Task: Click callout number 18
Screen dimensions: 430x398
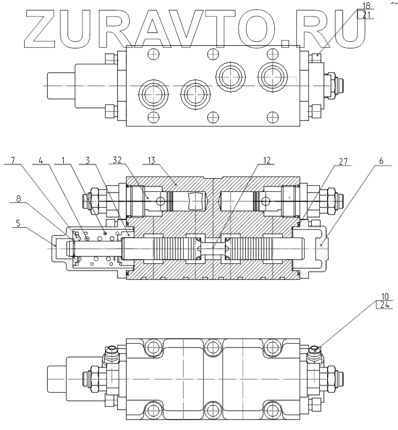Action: tap(366, 6)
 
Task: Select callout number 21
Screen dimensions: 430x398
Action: tap(366, 15)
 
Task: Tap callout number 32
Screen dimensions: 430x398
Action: tap(117, 161)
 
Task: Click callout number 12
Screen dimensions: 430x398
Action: tap(267, 161)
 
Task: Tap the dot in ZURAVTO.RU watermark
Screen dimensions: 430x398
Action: tap(285, 41)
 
